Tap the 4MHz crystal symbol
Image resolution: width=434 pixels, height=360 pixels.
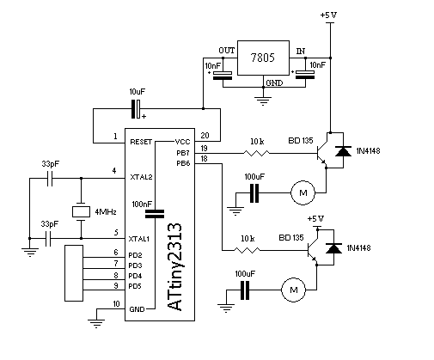tap(81, 211)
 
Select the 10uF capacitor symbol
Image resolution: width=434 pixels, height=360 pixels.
tap(136, 109)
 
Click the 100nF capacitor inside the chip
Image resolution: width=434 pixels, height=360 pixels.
tap(155, 214)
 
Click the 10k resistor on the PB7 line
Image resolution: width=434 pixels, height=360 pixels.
tap(256, 153)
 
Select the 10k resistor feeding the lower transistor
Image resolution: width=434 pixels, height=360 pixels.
tap(247, 250)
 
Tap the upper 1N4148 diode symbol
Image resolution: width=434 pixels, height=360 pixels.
tap(343, 151)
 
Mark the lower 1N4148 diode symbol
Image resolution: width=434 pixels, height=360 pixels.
tap(333, 248)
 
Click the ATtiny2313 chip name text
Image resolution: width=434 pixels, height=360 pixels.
tap(174, 267)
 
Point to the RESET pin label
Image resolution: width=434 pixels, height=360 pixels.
tap(141, 142)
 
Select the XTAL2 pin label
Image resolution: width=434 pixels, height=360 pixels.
tap(141, 177)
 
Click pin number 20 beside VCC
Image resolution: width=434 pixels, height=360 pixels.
tap(205, 135)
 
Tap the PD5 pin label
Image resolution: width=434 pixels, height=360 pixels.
tap(135, 286)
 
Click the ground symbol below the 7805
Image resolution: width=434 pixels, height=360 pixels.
tap(263, 101)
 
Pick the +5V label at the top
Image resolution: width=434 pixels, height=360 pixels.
tap(328, 15)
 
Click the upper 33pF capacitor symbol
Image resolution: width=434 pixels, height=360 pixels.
tap(50, 179)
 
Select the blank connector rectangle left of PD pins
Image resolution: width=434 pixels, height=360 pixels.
tap(74, 273)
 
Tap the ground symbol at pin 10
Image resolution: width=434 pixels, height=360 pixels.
tap(96, 324)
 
